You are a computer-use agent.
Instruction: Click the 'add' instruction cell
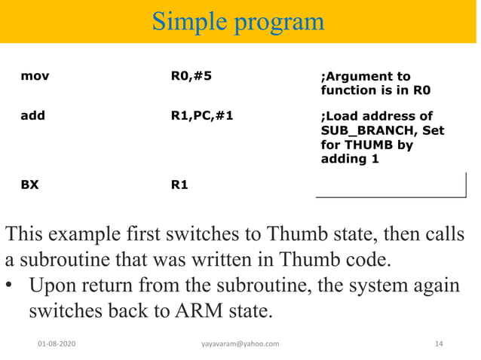[32, 117]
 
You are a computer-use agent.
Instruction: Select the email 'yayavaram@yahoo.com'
[240, 344]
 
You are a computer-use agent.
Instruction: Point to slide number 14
[439, 344]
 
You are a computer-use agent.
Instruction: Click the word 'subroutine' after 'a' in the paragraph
[70, 261]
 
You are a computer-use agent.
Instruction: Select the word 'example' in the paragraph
[103, 234]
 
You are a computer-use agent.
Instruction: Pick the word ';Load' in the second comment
[342, 117]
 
